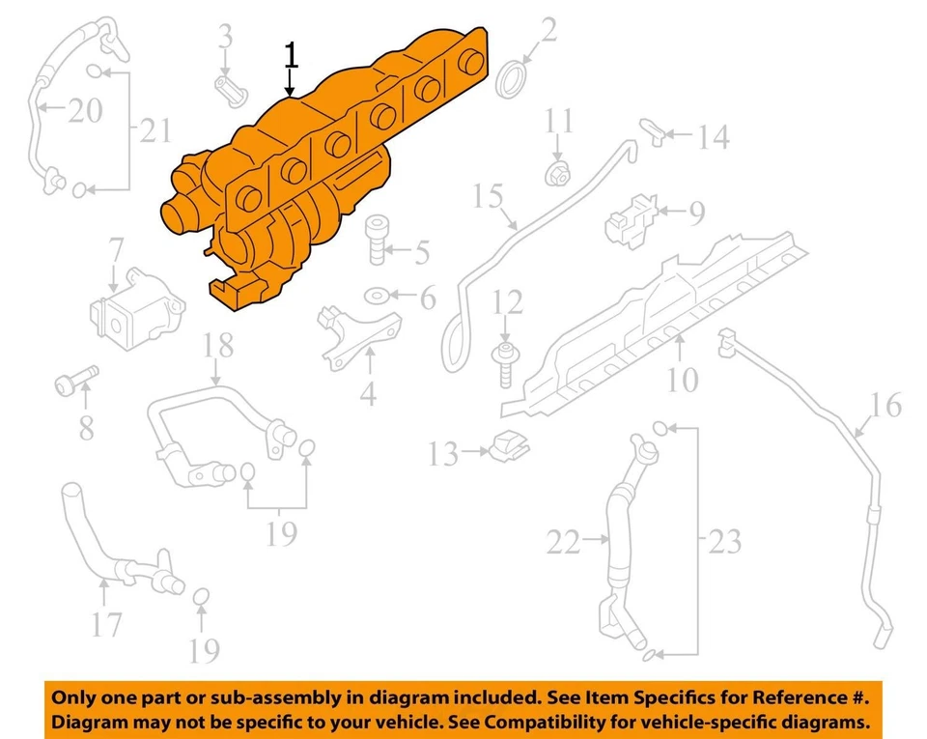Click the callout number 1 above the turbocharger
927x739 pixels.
[x=291, y=55]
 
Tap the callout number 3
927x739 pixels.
[x=225, y=38]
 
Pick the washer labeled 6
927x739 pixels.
[x=377, y=295]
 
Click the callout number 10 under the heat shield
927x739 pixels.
[x=682, y=380]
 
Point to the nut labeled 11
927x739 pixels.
[x=556, y=174]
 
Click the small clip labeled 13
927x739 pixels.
[x=510, y=446]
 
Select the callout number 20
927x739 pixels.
[x=82, y=111]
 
